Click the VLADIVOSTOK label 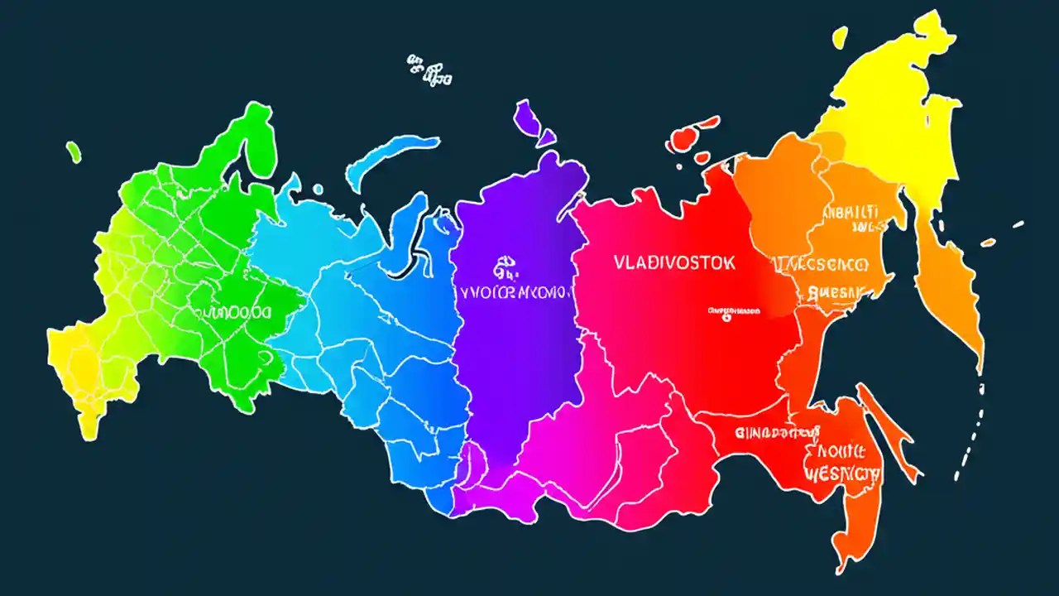pos(673,263)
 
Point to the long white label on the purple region pos(514,292)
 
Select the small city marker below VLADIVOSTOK pos(733,312)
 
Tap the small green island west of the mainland pos(74,151)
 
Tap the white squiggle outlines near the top pos(428,71)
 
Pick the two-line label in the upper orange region pos(849,218)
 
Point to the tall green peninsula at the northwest pos(248,141)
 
